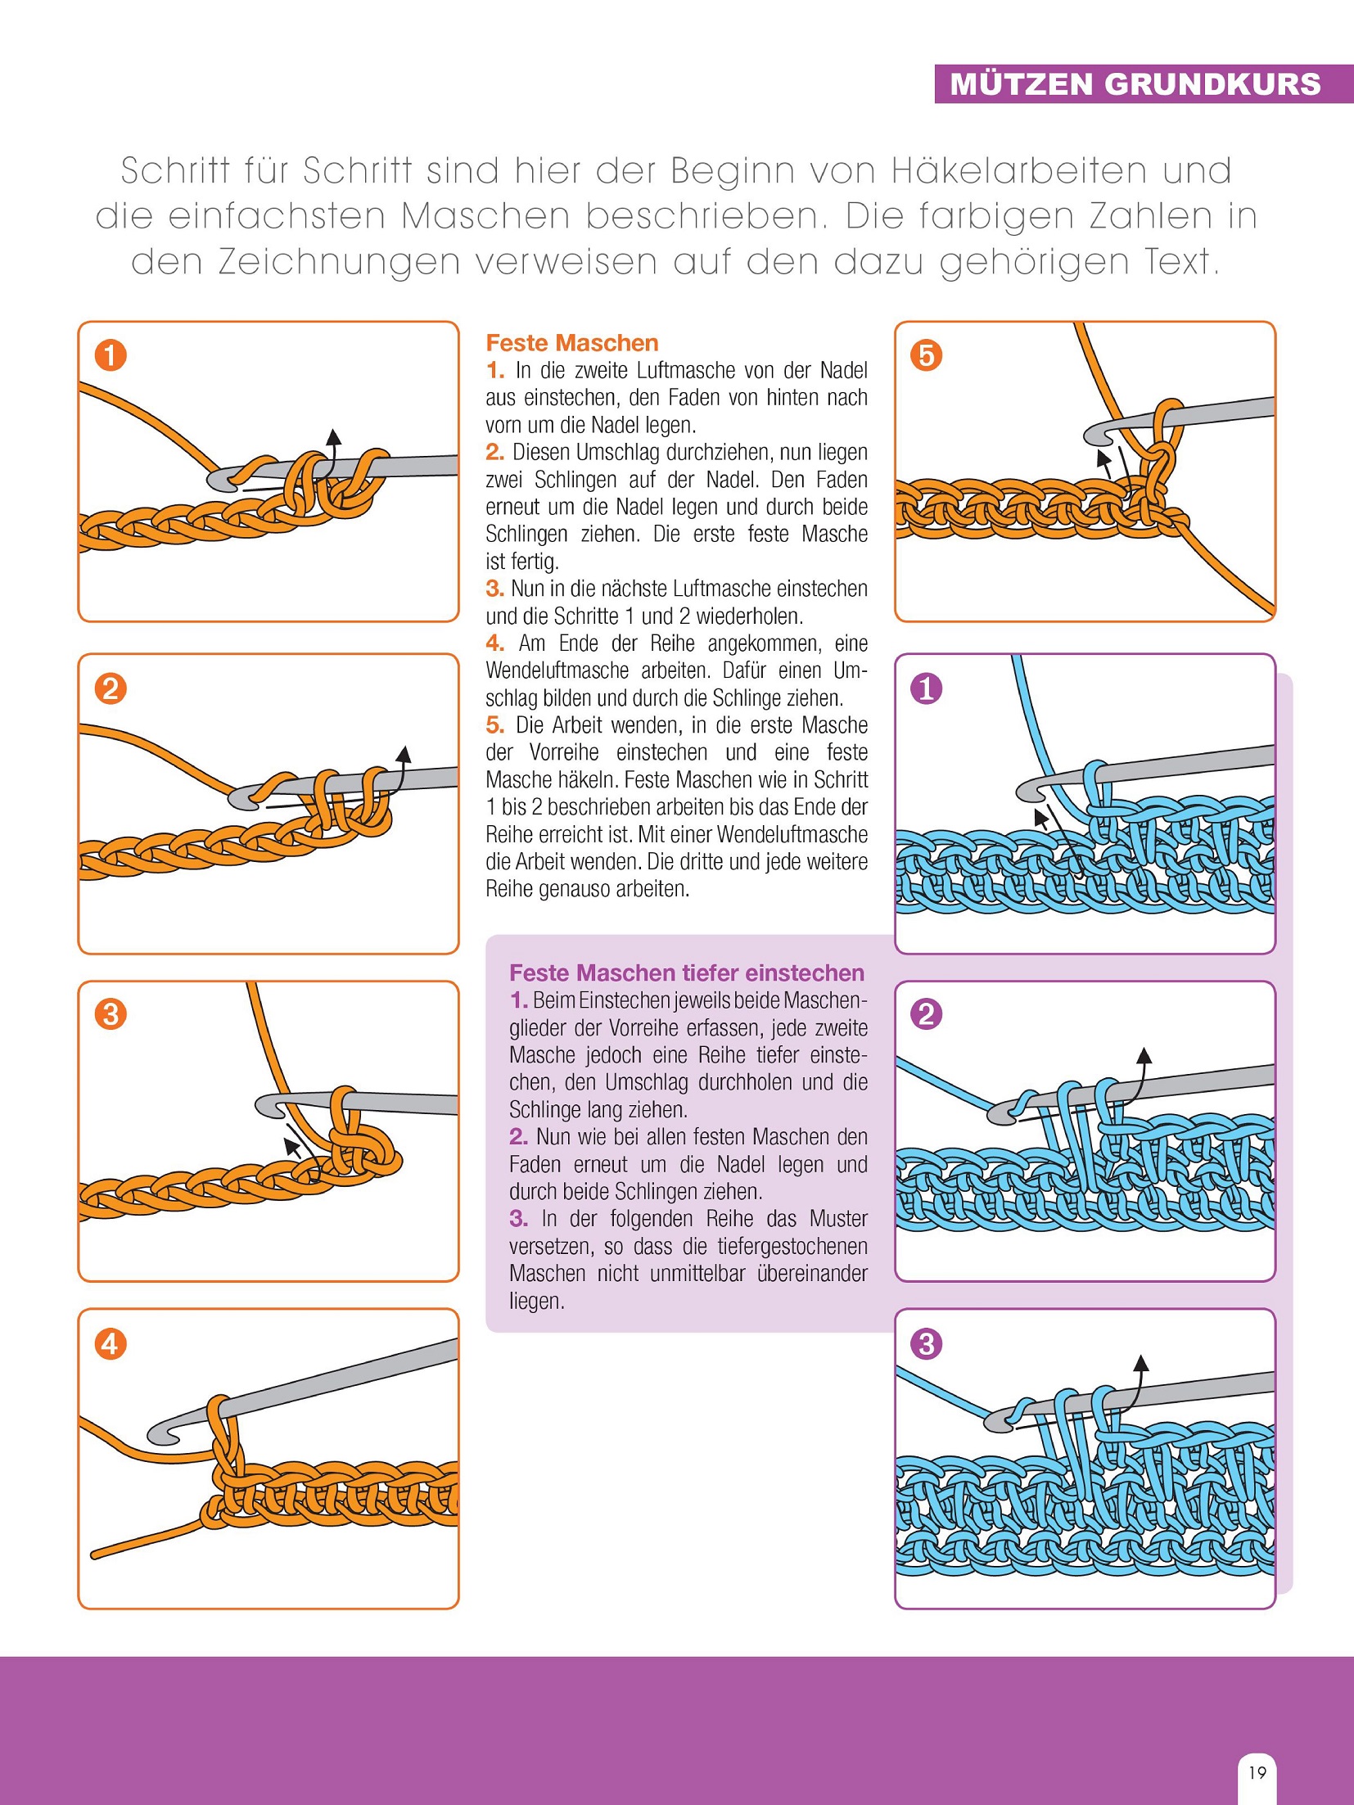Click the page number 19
pyautogui.click(x=1257, y=1772)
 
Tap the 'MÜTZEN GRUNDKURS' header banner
pyautogui.click(x=1135, y=84)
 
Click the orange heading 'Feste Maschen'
pyautogui.click(x=571, y=343)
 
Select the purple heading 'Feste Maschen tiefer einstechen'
pyautogui.click(x=686, y=972)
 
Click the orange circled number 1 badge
pyautogui.click(x=111, y=355)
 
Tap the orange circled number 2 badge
pyautogui.click(x=111, y=688)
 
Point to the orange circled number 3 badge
pyautogui.click(x=111, y=1014)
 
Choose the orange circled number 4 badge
pyautogui.click(x=111, y=1343)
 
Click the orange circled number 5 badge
pyautogui.click(x=926, y=355)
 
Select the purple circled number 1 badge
pyautogui.click(x=926, y=688)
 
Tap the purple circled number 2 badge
pyautogui.click(x=926, y=1014)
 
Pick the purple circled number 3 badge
pyautogui.click(x=926, y=1343)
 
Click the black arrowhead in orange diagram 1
pyautogui.click(x=332, y=435)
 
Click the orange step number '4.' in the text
pyautogui.click(x=494, y=643)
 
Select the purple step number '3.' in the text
pyautogui.click(x=518, y=1219)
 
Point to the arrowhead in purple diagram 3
pyautogui.click(x=1141, y=1363)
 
